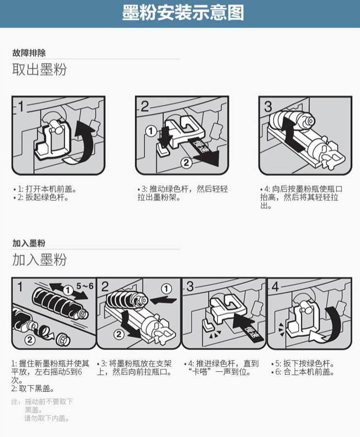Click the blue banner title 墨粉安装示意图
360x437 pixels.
click(x=183, y=13)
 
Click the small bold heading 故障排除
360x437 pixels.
click(x=29, y=52)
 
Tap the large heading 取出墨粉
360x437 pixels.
click(x=39, y=70)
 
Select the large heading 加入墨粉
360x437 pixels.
click(x=39, y=260)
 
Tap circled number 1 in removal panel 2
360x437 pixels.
click(x=151, y=131)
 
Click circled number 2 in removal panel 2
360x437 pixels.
click(x=186, y=162)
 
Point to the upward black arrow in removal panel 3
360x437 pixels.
click(x=290, y=134)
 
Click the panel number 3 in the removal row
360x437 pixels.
click(x=268, y=107)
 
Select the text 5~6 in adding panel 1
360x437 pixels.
click(x=85, y=286)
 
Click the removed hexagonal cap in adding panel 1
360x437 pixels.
click(x=63, y=339)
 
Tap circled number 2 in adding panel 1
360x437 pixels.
click(x=30, y=339)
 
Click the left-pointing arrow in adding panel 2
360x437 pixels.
click(x=163, y=300)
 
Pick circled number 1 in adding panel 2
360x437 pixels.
click(x=166, y=289)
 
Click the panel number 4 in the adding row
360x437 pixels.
click(x=275, y=286)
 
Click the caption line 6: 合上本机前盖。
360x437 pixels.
click(x=303, y=372)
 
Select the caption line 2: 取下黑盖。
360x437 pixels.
click(x=33, y=388)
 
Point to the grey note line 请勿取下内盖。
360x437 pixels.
click(x=47, y=418)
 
